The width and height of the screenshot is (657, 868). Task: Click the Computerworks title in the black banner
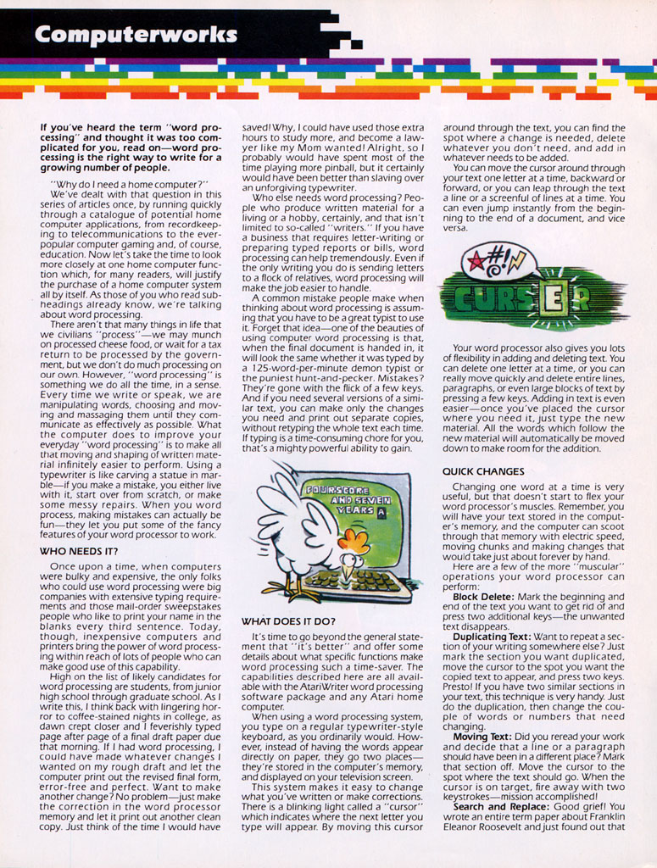pyautogui.click(x=136, y=34)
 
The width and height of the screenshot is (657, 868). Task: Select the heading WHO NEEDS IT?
pyautogui.click(x=79, y=550)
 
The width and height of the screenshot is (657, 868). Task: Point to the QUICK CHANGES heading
pyautogui.click(x=483, y=471)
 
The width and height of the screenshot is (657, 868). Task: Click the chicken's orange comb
pyautogui.click(x=354, y=541)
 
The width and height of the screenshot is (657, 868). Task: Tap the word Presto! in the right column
pyautogui.click(x=463, y=687)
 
